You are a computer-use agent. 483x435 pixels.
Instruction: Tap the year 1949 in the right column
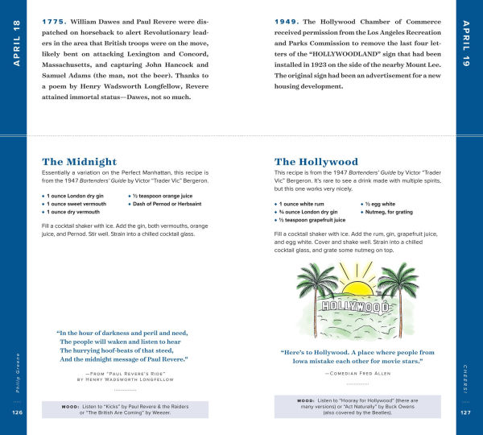(x=287, y=18)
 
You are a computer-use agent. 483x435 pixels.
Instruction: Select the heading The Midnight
(x=85, y=161)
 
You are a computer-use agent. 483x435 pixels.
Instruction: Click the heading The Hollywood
(x=316, y=161)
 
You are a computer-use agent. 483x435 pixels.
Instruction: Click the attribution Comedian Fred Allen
(x=357, y=374)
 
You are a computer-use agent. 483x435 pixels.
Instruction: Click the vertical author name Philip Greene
(x=17, y=368)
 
